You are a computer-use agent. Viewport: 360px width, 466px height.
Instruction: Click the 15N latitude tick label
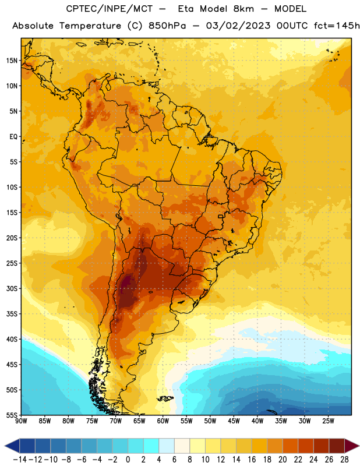11,61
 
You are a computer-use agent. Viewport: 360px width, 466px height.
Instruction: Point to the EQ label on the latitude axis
13,137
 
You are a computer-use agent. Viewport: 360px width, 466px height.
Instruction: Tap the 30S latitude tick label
11,288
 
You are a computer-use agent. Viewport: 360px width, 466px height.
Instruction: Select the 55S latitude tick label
11,415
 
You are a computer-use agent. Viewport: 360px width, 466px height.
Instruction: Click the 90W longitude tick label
21,421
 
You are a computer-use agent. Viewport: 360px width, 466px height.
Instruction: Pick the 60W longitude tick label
163,421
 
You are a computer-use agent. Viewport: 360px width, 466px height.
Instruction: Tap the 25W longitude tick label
328,421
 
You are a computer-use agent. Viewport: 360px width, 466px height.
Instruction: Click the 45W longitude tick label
234,421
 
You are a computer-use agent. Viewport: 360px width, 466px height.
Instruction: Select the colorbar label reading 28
344,460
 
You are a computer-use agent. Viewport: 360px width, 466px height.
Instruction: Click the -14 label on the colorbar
20,460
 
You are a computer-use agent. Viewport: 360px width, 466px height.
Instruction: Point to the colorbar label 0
128,460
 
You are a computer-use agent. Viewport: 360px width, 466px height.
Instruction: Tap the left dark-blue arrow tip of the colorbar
5,446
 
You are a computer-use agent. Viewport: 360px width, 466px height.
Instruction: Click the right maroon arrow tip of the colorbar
359,446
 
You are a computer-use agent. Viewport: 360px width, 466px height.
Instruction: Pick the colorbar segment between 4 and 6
167,446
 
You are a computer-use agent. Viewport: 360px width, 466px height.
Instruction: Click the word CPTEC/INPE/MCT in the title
110,9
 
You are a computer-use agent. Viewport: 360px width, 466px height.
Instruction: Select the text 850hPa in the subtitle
167,26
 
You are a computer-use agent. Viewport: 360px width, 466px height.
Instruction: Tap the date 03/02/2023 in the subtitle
238,26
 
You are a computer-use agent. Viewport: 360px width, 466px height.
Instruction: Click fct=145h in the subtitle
337,26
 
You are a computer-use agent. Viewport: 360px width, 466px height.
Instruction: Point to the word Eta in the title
186,9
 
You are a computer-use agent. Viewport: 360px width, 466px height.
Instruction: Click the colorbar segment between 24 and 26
321,446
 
